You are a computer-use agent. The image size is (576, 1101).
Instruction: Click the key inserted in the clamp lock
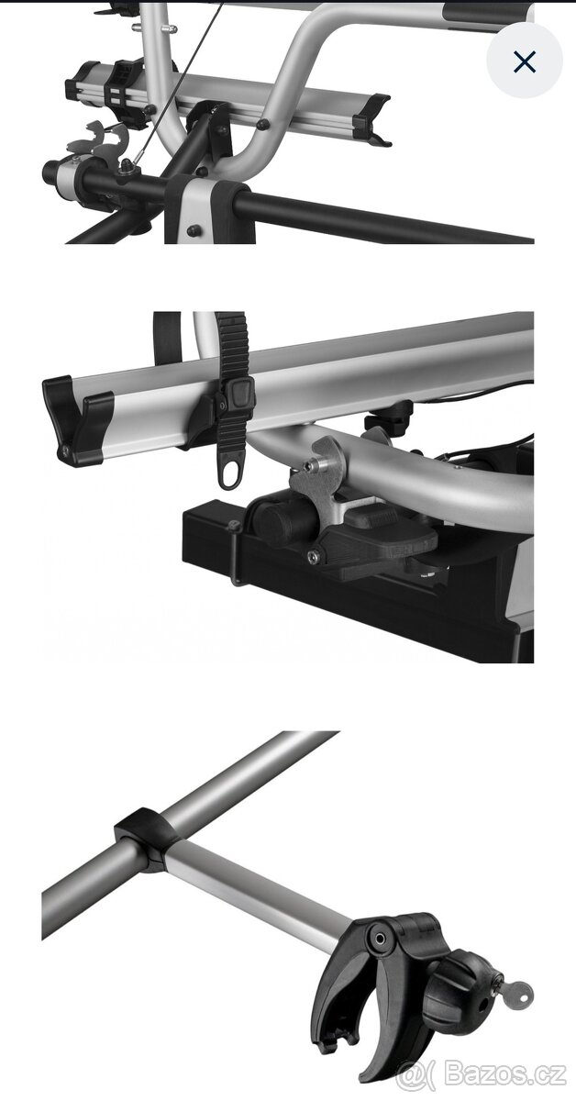(x=516, y=996)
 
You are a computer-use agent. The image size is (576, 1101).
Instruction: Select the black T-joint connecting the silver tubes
(x=148, y=838)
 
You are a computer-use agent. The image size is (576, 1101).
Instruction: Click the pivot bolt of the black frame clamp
(x=379, y=939)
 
